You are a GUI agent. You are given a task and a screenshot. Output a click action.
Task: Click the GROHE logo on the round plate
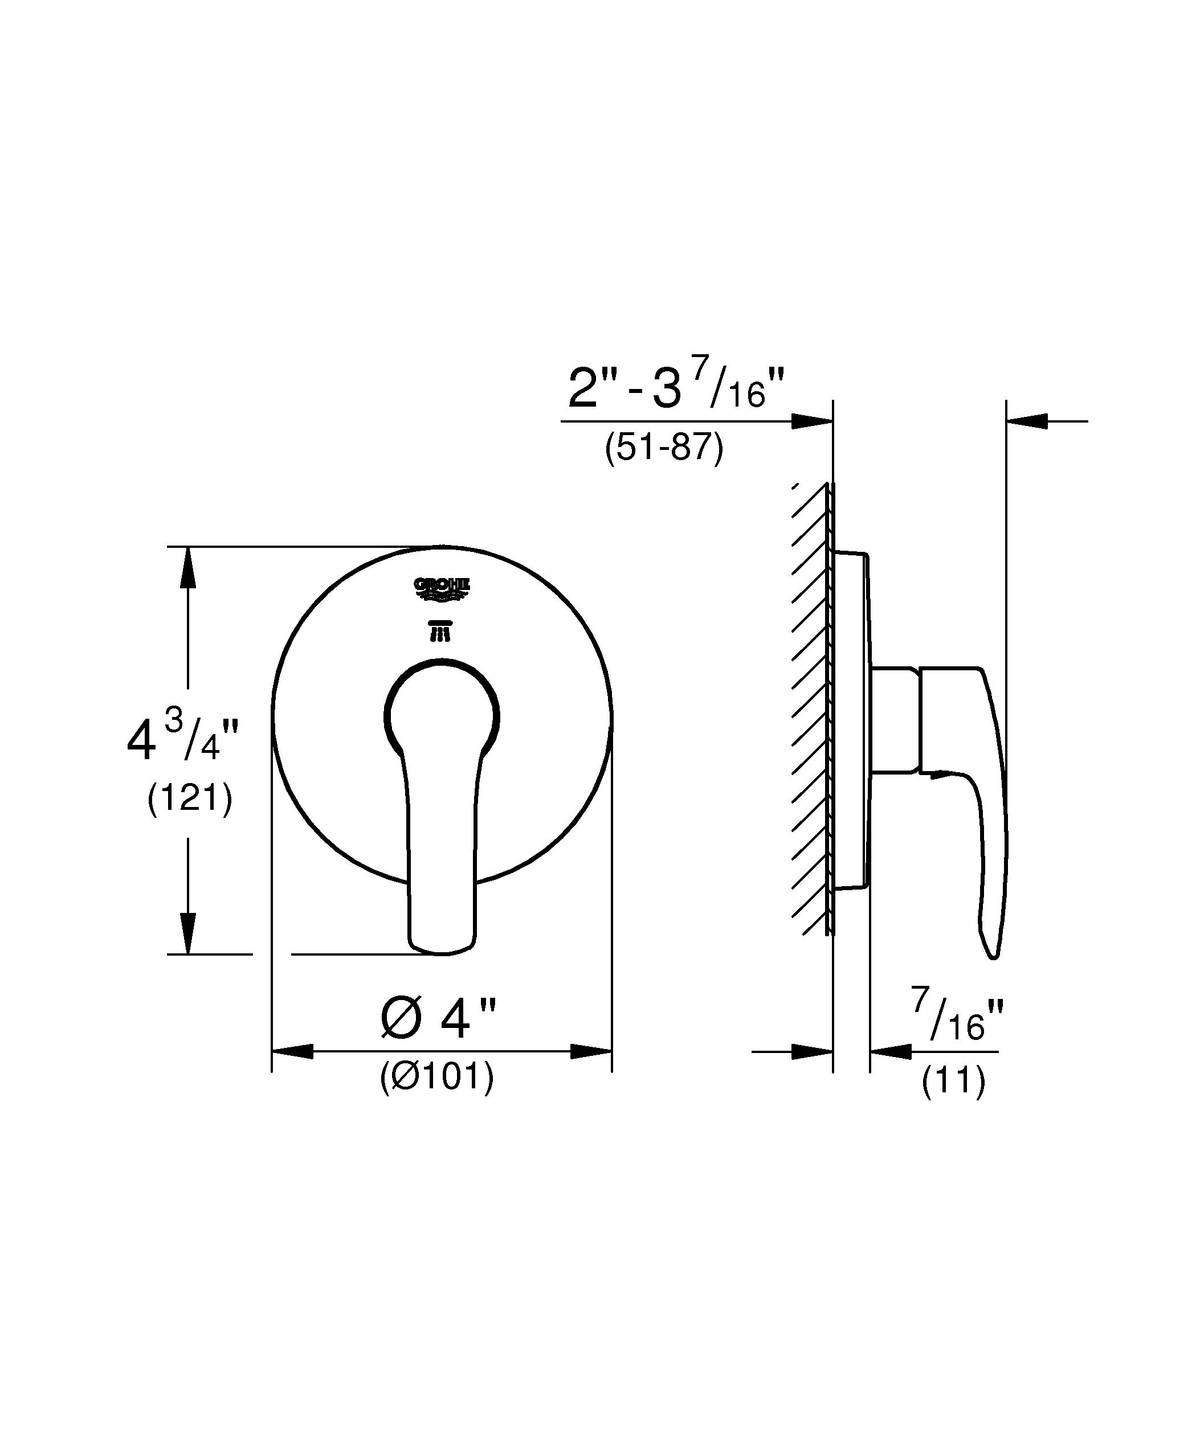(x=442, y=589)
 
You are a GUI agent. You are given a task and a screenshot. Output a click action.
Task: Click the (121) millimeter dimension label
(x=190, y=798)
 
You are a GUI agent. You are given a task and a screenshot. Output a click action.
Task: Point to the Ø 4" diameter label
(x=438, y=1018)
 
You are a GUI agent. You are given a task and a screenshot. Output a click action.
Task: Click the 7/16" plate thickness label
(x=957, y=1016)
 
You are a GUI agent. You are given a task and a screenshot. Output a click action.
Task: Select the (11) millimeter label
(x=953, y=1081)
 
